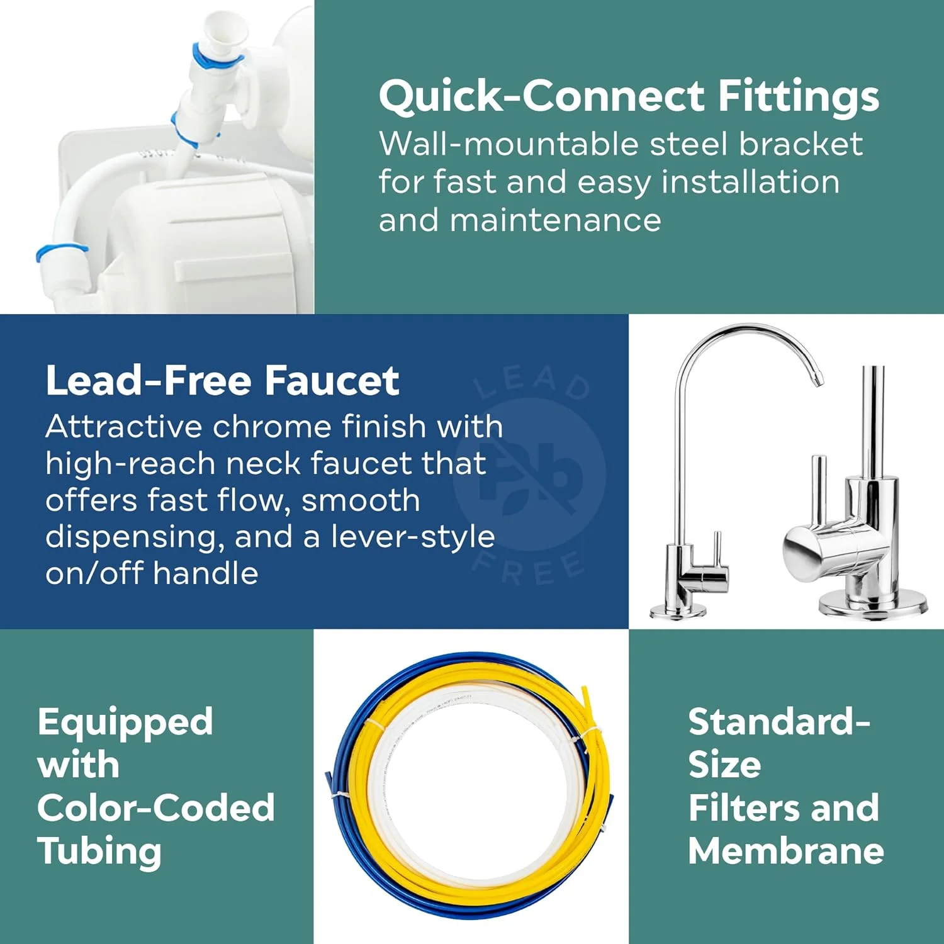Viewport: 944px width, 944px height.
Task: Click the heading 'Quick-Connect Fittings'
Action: point(629,97)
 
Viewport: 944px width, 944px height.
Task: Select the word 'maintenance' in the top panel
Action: point(556,220)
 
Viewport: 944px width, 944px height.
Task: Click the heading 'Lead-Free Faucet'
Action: point(222,381)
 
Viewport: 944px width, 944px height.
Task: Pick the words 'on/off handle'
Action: point(152,573)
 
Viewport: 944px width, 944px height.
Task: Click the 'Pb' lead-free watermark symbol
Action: point(530,473)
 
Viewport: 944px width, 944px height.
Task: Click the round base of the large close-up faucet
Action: point(872,606)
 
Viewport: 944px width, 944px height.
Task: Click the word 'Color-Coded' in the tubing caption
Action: point(156,807)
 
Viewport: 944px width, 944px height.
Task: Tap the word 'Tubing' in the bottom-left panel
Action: point(99,851)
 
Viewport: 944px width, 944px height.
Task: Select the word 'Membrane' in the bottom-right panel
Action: point(786,851)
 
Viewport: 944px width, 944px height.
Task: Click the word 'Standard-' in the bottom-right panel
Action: point(779,722)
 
